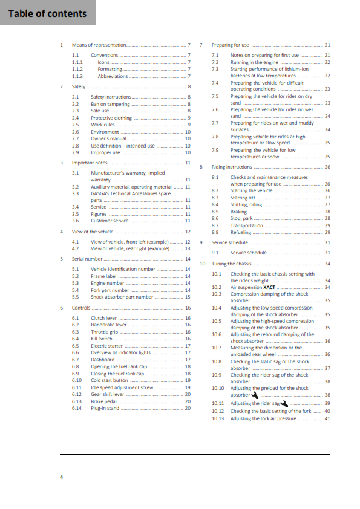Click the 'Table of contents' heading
coord(47,13)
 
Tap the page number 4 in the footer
coord(61,478)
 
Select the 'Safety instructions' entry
coord(111,97)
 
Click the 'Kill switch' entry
coord(102,339)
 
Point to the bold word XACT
coord(269,287)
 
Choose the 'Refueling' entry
coord(241,232)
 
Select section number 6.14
coord(77,408)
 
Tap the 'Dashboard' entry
coord(102,360)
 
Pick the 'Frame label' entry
coord(103,276)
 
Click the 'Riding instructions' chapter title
coord(232,167)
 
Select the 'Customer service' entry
coord(110,221)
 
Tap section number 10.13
coord(218,418)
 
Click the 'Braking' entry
coord(238,212)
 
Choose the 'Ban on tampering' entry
coord(110,104)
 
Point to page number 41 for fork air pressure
coord(327,418)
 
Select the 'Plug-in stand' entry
coord(105,408)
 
